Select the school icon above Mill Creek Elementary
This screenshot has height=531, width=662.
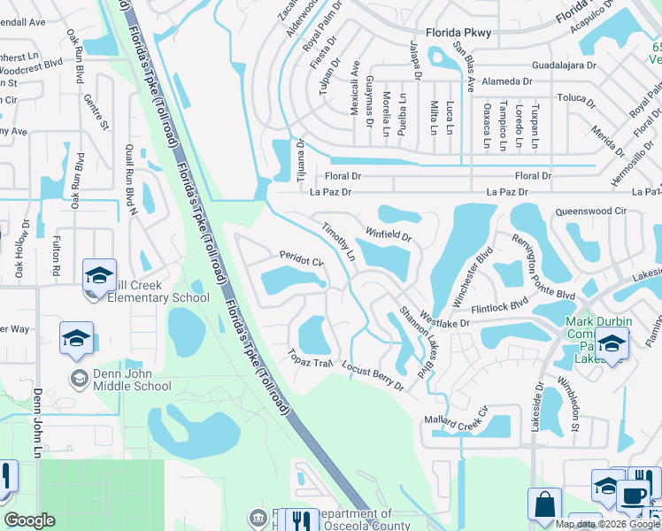click(x=100, y=274)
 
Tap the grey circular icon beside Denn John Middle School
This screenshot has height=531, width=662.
click(x=79, y=378)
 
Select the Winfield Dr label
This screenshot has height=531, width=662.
click(x=389, y=235)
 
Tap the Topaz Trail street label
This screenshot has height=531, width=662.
click(x=308, y=359)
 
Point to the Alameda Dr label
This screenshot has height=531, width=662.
click(x=505, y=81)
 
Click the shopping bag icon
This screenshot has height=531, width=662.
click(x=544, y=504)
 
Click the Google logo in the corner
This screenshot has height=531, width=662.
click(x=29, y=520)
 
